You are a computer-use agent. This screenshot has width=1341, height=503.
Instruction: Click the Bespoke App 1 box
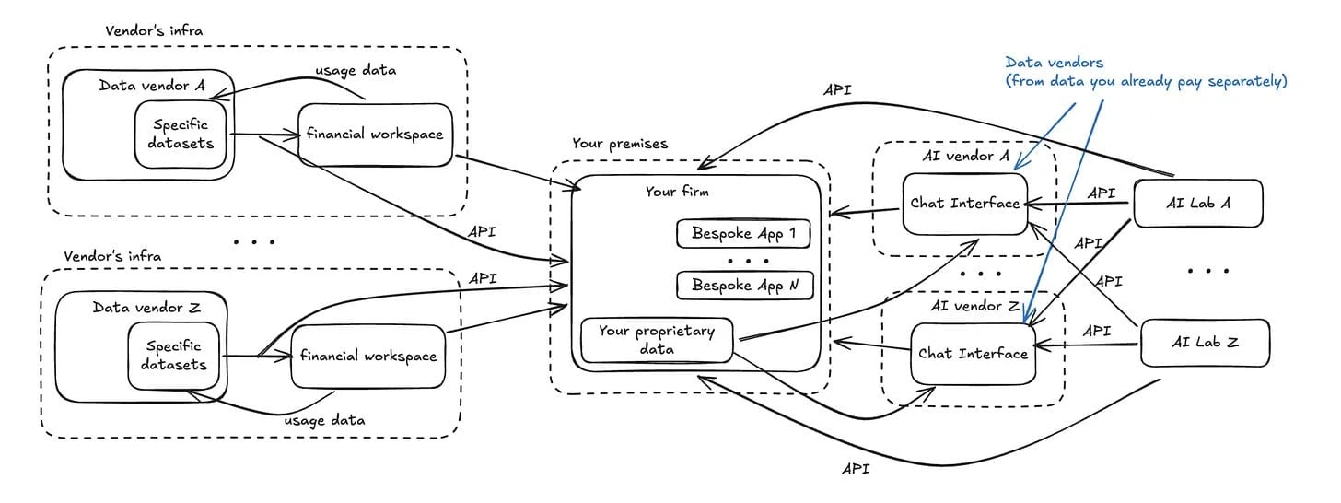[743, 233]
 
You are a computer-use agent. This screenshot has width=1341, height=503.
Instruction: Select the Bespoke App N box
[743, 286]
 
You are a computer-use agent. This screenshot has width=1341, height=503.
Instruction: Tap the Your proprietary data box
[656, 340]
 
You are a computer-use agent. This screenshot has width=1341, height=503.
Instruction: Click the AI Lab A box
[1196, 203]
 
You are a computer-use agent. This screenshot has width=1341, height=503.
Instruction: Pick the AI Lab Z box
[1205, 342]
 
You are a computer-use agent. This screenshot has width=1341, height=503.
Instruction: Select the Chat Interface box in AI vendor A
[964, 203]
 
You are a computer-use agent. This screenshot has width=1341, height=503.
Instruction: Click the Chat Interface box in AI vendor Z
[973, 354]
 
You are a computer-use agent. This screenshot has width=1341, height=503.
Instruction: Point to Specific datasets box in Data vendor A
[181, 134]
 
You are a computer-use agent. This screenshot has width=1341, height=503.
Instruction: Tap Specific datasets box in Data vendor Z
[175, 356]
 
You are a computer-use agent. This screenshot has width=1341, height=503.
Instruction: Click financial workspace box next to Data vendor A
[374, 135]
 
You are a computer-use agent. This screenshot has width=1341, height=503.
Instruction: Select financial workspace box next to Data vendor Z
[367, 356]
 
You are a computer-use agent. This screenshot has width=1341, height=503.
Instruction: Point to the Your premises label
[620, 144]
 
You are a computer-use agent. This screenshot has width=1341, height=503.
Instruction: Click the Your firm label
[677, 192]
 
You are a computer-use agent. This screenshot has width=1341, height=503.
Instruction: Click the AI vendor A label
[964, 156]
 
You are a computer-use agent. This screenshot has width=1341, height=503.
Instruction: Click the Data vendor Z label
[146, 307]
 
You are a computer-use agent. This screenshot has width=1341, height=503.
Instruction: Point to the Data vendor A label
[152, 85]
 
